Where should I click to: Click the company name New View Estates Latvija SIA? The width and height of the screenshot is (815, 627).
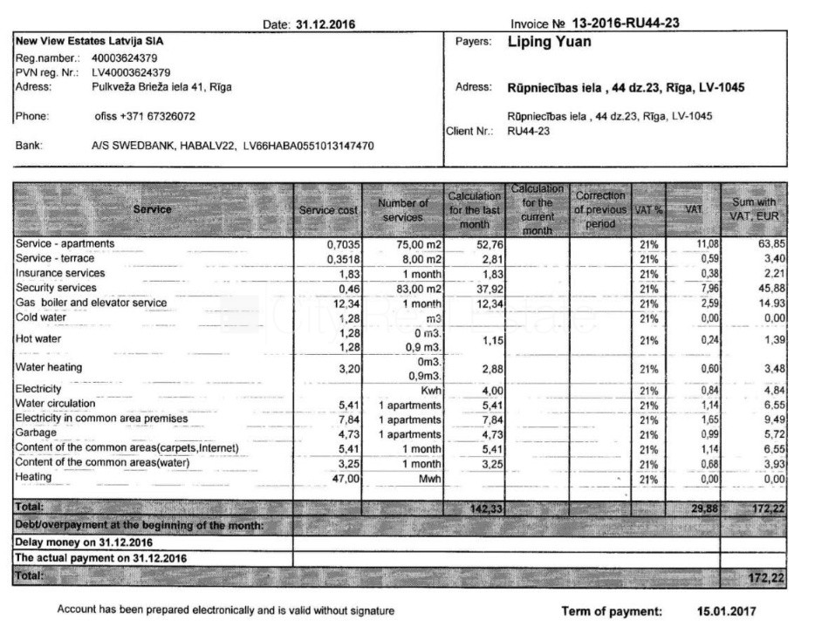pyautogui.click(x=90, y=41)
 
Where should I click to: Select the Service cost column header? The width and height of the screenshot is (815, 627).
pyautogui.click(x=327, y=209)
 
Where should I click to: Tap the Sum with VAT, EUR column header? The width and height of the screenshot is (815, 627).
pyautogui.click(x=754, y=209)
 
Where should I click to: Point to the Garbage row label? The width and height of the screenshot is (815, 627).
pyautogui.click(x=36, y=432)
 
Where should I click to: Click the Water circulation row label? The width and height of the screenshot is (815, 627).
pyautogui.click(x=55, y=403)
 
